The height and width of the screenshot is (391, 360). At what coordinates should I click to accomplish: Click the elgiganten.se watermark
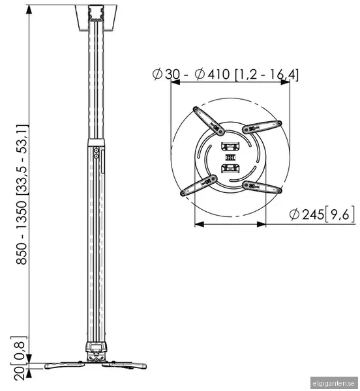[335, 383]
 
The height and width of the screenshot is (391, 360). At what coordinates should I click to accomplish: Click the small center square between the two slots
[230, 158]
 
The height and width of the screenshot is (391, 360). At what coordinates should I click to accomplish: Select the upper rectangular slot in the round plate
[230, 148]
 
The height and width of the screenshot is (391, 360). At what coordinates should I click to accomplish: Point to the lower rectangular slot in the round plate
[230, 169]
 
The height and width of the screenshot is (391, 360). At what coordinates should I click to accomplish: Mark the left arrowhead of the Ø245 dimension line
[198, 224]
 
